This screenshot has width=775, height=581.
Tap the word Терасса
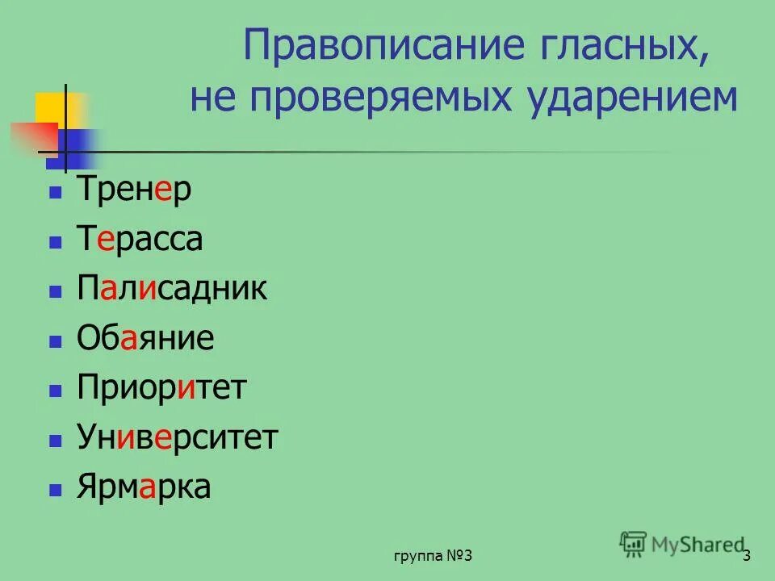[x=140, y=240]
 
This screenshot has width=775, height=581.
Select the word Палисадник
[x=172, y=289]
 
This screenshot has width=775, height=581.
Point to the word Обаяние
[x=145, y=339]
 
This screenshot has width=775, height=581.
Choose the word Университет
[x=178, y=438]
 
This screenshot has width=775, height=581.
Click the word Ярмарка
[x=144, y=487]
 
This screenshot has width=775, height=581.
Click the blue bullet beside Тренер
[x=55, y=194]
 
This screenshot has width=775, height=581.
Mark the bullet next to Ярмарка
[x=55, y=489]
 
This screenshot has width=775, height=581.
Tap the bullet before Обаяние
[x=55, y=341]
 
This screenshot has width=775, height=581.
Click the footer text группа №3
[x=433, y=556]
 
